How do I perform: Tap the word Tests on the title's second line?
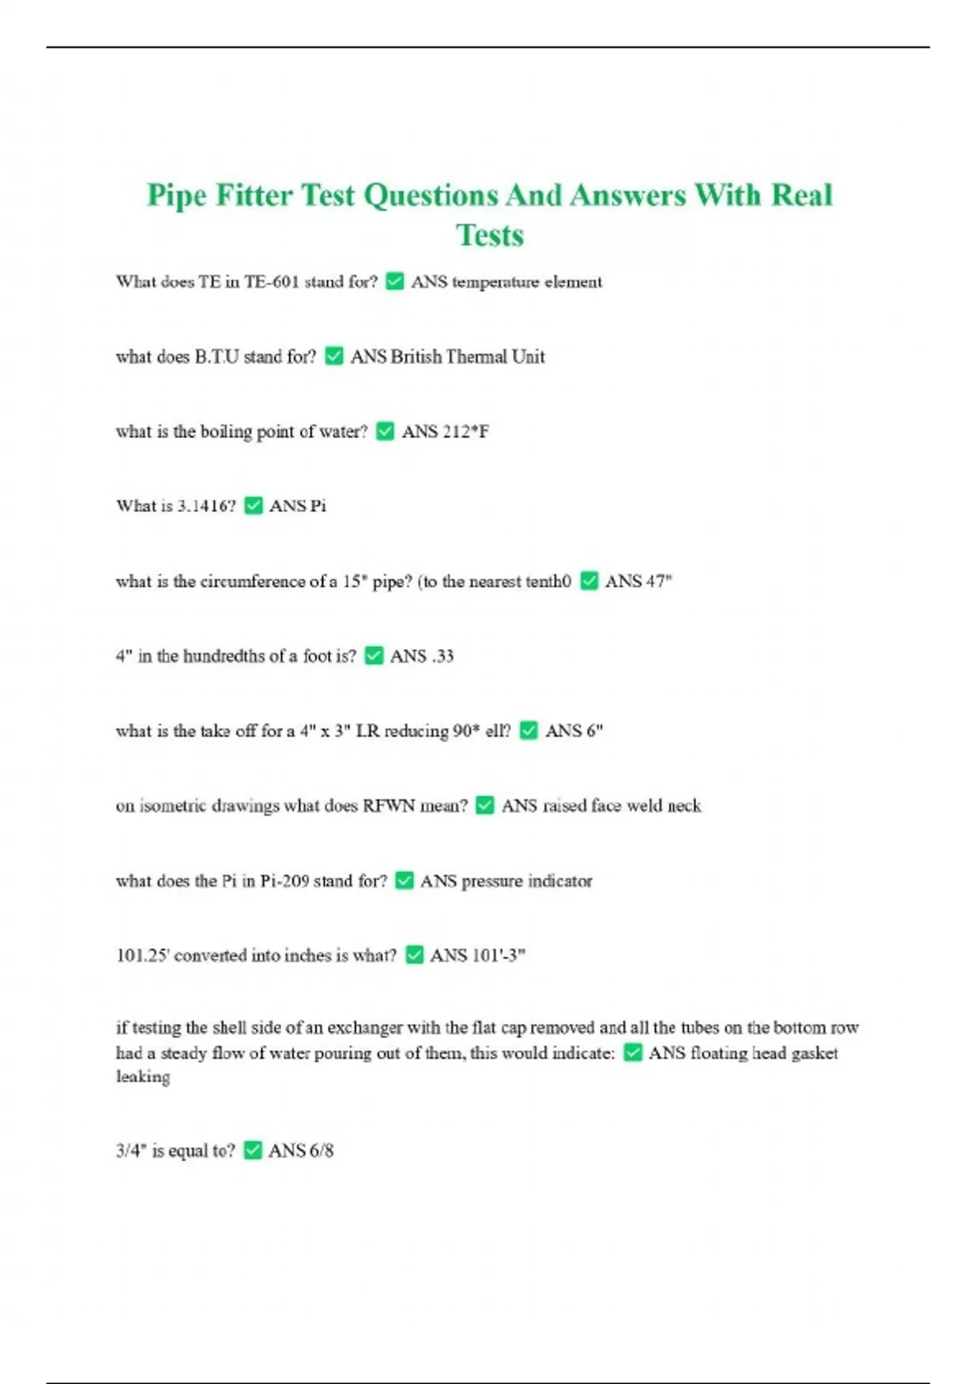[x=489, y=235]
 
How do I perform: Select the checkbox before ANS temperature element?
[x=395, y=282]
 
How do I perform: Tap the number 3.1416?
[x=206, y=506]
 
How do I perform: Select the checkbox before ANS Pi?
[x=253, y=506]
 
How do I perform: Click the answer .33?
[x=442, y=656]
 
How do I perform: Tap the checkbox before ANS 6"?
[x=529, y=731]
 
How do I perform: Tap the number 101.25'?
[x=142, y=956]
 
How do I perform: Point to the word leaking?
[x=143, y=1077]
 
